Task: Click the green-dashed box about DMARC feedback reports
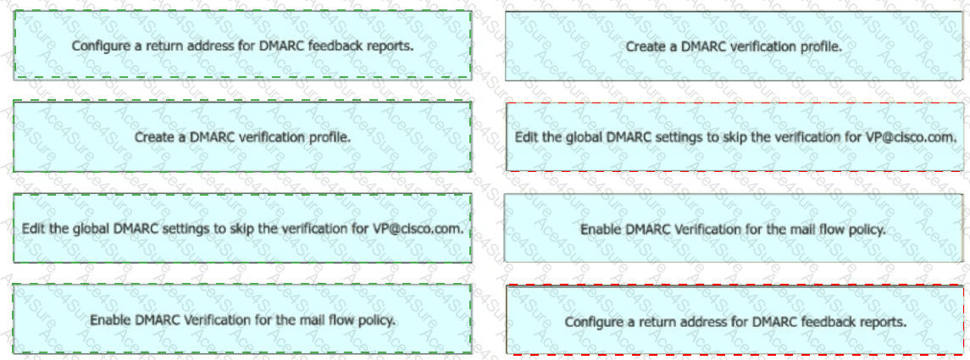[242, 46]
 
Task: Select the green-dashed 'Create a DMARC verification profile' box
[242, 136]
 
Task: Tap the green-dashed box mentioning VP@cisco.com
[242, 228]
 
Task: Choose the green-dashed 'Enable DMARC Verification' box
[242, 319]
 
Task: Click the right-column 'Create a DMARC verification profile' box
[734, 47]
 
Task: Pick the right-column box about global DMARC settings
[734, 136]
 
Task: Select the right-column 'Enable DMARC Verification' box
[734, 229]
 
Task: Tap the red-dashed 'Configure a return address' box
[734, 321]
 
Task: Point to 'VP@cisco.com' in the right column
[923, 136]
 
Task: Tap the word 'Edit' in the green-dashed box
[30, 228]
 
